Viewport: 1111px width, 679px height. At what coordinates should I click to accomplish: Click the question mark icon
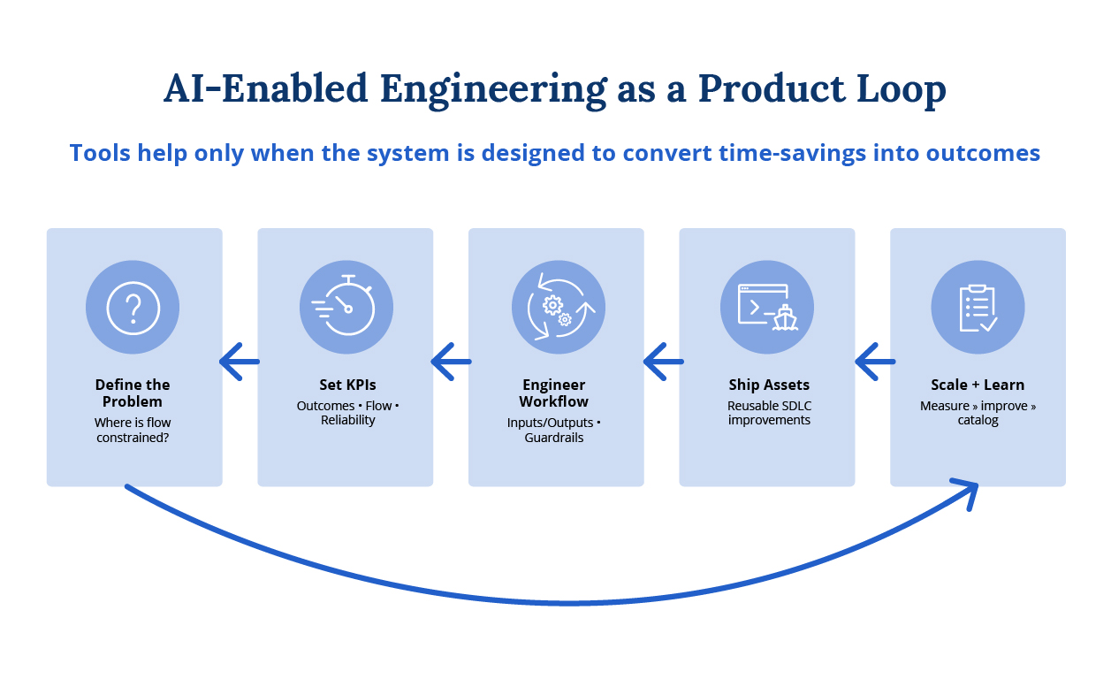point(133,308)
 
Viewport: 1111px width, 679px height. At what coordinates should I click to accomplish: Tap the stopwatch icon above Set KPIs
point(344,306)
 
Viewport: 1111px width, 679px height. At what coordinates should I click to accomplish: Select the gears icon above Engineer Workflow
point(559,307)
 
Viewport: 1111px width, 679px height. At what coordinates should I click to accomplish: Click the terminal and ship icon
point(768,308)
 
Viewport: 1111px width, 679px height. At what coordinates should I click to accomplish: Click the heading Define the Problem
point(133,393)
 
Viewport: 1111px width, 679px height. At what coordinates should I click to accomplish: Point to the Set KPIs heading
point(347,385)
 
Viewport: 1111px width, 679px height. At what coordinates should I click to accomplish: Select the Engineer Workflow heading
point(554,393)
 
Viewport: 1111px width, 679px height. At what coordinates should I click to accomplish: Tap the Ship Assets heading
point(769,385)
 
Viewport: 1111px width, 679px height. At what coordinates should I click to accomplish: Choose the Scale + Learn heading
point(978,385)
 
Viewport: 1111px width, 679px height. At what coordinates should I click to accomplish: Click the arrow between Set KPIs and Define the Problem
point(240,362)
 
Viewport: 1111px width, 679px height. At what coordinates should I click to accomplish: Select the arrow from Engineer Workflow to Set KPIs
point(451,362)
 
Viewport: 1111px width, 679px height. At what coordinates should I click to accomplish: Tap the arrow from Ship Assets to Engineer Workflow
point(663,362)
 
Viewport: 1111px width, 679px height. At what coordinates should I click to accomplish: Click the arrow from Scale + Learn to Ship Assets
point(875,362)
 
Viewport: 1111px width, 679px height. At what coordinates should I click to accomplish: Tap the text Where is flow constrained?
point(133,430)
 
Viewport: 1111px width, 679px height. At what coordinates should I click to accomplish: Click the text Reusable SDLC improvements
point(769,413)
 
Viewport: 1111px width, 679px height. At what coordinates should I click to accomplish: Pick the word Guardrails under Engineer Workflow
point(554,438)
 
